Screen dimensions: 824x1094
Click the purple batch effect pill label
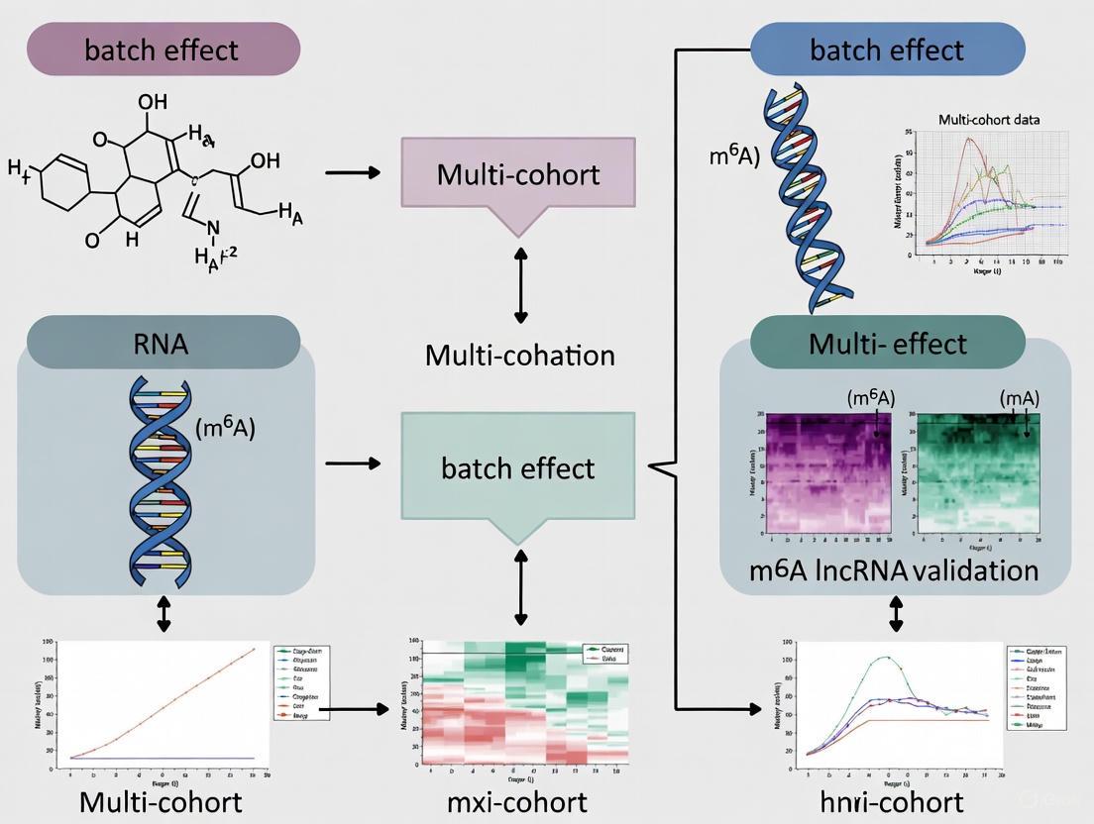point(162,50)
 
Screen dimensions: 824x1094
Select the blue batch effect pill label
point(887,50)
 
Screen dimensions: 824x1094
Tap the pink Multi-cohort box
point(518,175)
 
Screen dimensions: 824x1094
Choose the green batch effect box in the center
point(518,467)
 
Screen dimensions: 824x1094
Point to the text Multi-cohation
point(519,356)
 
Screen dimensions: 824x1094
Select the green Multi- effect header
point(887,344)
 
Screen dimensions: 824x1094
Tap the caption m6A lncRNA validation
point(895,570)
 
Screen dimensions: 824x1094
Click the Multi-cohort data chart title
point(1003,120)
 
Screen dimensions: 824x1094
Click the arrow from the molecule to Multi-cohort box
point(352,172)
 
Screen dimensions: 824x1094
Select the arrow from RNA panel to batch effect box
point(352,463)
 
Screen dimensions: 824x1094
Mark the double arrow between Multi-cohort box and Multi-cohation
point(519,286)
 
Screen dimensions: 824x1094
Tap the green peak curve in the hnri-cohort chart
point(885,658)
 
